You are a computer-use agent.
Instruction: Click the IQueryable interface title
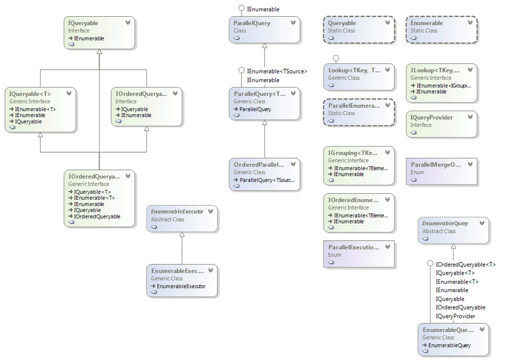(83, 23)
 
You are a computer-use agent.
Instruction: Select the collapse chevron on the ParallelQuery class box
(293, 23)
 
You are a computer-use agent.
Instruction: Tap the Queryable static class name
(342, 24)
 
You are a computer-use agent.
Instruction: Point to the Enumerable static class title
(426, 24)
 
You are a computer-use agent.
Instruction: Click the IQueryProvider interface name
(431, 117)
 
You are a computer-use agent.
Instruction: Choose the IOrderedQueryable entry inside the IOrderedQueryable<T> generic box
(97, 217)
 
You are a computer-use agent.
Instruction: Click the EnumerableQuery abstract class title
(446, 224)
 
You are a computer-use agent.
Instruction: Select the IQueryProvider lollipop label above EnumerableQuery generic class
(456, 316)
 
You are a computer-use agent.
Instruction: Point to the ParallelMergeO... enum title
(436, 165)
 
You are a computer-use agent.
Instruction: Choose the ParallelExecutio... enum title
(353, 247)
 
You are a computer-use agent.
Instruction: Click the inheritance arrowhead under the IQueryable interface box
(99, 52)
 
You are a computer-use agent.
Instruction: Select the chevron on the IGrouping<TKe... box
(388, 152)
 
